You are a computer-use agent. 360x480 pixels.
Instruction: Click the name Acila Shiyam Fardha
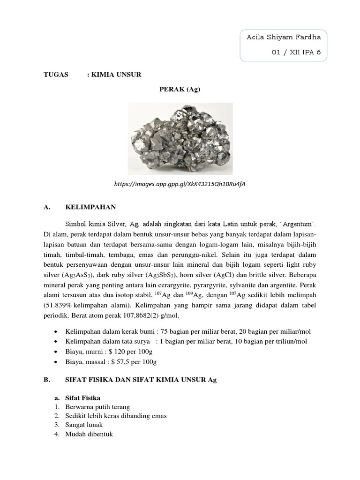pyautogui.click(x=284, y=37)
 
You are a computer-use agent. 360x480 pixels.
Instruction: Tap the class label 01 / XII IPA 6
pyautogui.click(x=296, y=52)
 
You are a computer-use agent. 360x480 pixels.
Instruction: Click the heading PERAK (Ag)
pyautogui.click(x=180, y=89)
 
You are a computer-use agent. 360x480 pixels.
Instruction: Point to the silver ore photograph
pyautogui.click(x=180, y=139)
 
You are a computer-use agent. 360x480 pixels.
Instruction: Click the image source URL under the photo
pyautogui.click(x=180, y=184)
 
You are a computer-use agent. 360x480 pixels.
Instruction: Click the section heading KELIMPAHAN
pyautogui.click(x=90, y=206)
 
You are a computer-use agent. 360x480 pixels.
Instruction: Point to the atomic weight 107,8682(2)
pyautogui.click(x=135, y=315)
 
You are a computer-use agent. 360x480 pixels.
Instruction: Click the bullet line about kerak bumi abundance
pyautogui.click(x=188, y=331)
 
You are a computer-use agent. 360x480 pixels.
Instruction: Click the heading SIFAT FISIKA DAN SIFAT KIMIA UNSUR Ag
pyautogui.click(x=141, y=380)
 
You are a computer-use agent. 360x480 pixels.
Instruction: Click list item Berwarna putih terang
pyautogui.click(x=97, y=407)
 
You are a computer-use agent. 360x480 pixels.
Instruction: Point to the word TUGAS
pyautogui.click(x=56, y=75)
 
